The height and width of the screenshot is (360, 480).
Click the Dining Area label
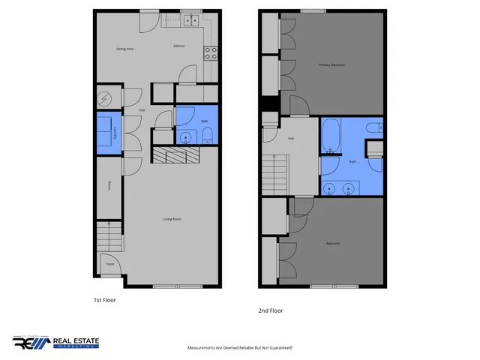point(124,49)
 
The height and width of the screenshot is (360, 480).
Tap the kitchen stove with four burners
point(212,52)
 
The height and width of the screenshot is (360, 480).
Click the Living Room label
point(173,219)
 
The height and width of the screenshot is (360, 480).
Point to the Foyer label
point(110,264)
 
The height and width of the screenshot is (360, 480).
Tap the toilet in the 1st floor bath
point(208,135)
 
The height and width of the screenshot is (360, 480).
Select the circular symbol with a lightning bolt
point(104,97)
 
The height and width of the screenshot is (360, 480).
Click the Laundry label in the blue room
point(115,133)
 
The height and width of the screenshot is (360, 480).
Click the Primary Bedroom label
point(331,65)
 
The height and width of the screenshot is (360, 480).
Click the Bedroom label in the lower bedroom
point(333,244)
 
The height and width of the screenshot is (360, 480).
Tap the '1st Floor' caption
point(104,299)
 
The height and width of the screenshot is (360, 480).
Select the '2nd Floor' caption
point(271,310)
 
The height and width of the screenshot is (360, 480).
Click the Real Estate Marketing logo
point(55,342)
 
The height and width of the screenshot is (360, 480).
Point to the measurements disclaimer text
point(239,348)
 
